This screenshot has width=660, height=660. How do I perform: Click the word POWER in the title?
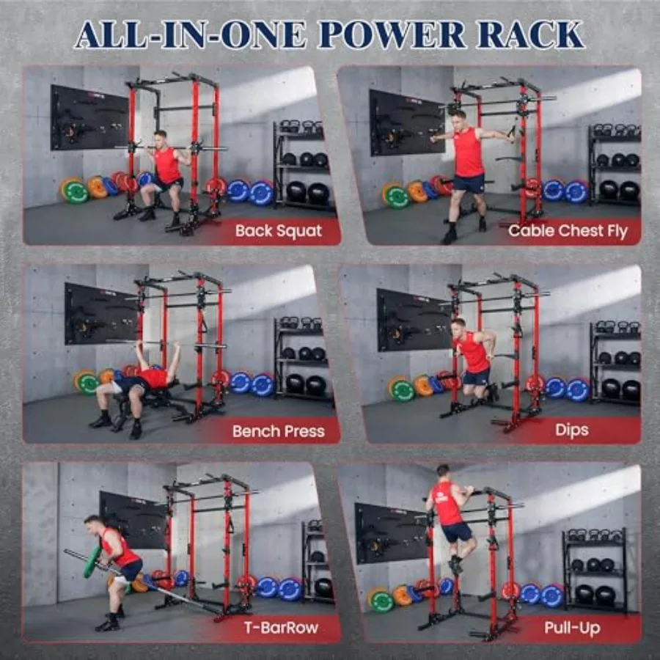(x=392, y=34)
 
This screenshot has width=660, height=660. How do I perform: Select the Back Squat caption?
(x=279, y=231)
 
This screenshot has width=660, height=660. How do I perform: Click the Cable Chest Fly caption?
(x=568, y=231)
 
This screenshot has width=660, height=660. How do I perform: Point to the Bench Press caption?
(x=278, y=431)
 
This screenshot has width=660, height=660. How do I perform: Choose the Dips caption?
(x=571, y=430)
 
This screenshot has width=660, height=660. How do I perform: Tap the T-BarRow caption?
(x=281, y=628)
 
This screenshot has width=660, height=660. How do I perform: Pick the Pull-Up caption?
(x=572, y=628)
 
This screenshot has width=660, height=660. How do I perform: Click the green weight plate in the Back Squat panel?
(x=76, y=191)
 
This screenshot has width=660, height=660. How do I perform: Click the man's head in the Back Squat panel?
(x=161, y=138)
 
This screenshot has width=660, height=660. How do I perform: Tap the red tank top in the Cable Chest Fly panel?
(x=467, y=152)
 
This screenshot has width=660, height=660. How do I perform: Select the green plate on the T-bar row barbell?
(x=92, y=562)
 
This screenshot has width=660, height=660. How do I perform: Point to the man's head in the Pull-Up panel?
(x=442, y=472)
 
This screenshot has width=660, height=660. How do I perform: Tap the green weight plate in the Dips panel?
(x=402, y=389)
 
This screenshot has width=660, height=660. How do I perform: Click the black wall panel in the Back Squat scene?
(x=89, y=118)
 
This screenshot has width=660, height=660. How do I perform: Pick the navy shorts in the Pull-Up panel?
(x=457, y=532)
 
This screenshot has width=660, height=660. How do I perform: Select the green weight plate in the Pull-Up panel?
(x=381, y=600)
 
